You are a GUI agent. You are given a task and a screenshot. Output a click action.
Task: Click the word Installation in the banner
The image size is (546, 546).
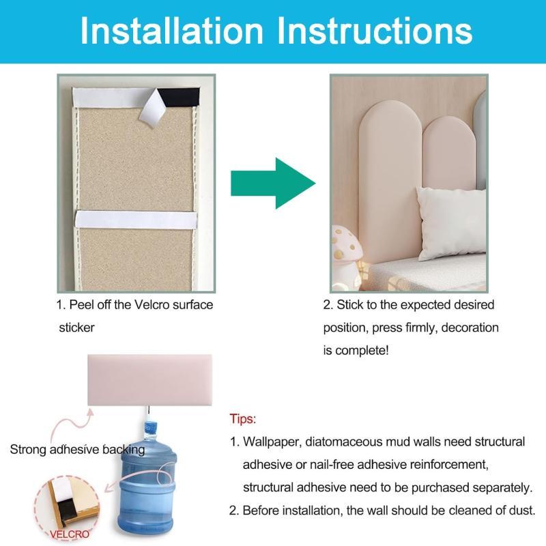(171, 31)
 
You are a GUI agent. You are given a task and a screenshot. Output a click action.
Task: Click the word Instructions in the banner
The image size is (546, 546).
(375, 31)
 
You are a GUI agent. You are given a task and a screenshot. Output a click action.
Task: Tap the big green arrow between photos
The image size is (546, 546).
(273, 183)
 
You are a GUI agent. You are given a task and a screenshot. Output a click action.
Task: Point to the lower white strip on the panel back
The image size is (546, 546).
(136, 220)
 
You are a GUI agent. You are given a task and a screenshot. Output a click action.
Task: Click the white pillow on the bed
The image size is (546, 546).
(452, 224)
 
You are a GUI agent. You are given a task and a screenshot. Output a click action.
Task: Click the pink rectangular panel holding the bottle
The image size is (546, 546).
(149, 380)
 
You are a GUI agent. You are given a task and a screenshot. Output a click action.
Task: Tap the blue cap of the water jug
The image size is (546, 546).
(149, 427)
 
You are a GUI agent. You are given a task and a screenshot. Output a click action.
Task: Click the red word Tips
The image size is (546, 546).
(243, 418)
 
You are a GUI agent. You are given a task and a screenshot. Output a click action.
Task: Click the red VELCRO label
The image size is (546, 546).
(70, 534)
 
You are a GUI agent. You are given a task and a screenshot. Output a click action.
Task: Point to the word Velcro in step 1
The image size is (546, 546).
(152, 304)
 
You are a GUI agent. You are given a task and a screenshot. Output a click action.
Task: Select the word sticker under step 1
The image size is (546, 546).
(76, 328)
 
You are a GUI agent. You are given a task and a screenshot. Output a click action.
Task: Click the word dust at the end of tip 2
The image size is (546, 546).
(521, 510)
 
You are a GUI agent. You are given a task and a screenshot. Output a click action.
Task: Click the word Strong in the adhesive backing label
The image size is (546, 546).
(28, 450)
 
